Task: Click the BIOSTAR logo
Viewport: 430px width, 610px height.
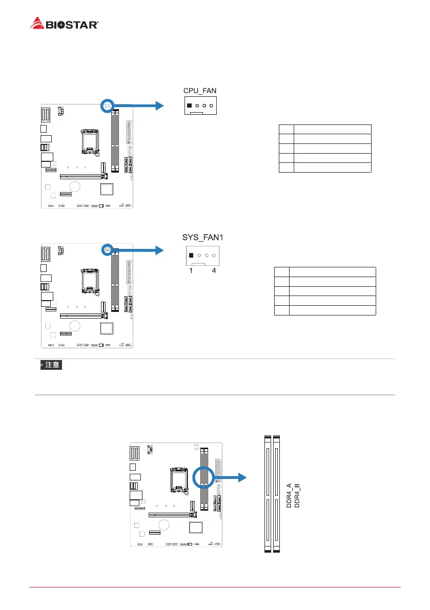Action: pyautogui.click(x=65, y=23)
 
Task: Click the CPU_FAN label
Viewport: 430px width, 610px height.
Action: pyautogui.click(x=200, y=91)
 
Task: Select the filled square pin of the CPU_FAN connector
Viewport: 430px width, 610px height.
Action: pyautogui.click(x=190, y=106)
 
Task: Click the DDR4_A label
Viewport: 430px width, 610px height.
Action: pyautogui.click(x=289, y=495)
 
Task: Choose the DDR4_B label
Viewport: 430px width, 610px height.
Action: pyautogui.click(x=297, y=495)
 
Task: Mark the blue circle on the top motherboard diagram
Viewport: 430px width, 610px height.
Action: pyautogui.click(x=107, y=106)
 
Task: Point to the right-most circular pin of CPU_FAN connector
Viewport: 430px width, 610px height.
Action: pyautogui.click(x=211, y=106)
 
